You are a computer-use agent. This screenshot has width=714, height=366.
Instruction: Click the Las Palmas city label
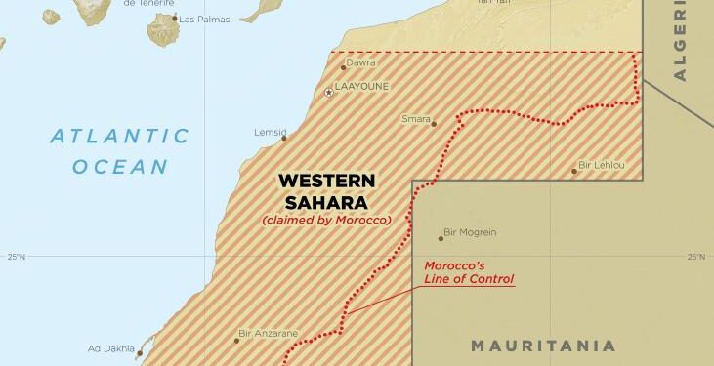[x=202, y=19]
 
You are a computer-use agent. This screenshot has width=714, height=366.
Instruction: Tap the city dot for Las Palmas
[x=176, y=19]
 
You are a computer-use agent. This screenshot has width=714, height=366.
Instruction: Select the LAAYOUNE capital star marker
[x=328, y=92]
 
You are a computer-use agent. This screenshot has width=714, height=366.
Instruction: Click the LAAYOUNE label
[x=361, y=86]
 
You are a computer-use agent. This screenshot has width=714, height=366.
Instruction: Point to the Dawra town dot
[x=343, y=67]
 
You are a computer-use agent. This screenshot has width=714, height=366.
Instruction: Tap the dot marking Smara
[x=434, y=124]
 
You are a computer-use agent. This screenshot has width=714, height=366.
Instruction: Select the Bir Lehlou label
[x=602, y=165]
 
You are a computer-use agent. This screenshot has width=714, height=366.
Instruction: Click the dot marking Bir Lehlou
[x=574, y=171]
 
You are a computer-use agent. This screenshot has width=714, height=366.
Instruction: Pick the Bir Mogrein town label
[x=470, y=232]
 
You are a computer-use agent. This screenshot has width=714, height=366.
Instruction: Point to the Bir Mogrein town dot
[x=441, y=238]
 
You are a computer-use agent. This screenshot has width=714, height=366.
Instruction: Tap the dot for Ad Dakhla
[x=140, y=354]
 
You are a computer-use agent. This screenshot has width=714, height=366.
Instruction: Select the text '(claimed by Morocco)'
[x=326, y=220]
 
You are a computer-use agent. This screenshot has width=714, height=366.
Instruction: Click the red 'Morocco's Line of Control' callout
[x=469, y=272]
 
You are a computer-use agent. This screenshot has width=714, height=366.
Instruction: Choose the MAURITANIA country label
[x=543, y=346]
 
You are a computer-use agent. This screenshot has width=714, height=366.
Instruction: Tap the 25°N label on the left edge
[x=16, y=257]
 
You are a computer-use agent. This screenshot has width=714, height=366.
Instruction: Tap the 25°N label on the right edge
[x=695, y=257]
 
